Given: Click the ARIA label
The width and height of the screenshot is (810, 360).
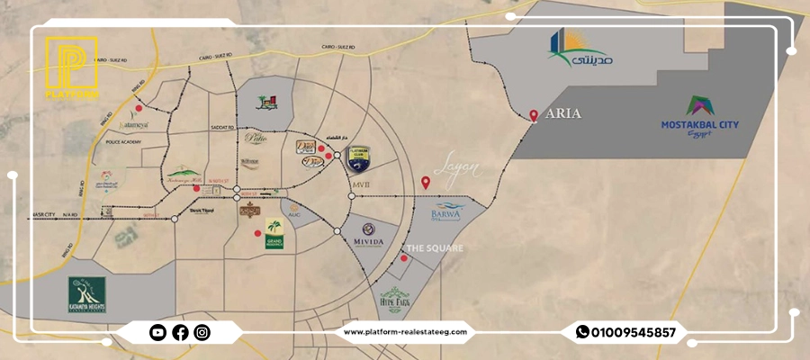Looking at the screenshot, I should [563, 114].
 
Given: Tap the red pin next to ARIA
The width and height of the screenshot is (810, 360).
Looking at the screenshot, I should [534, 115].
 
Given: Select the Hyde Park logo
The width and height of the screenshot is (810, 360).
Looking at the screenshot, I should [396, 298].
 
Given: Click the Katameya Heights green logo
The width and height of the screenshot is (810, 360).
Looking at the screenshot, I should [87, 295].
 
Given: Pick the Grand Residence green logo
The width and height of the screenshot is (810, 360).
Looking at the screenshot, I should [274, 235].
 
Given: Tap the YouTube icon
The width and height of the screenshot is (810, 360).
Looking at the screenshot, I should [157, 333].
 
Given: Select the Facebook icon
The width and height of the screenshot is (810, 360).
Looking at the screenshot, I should [180, 333].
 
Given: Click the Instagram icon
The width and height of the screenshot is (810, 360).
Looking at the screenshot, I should [202, 333].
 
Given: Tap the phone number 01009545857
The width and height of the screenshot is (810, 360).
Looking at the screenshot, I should [634, 333].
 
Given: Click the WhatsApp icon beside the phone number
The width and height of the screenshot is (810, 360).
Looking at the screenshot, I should [583, 333].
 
